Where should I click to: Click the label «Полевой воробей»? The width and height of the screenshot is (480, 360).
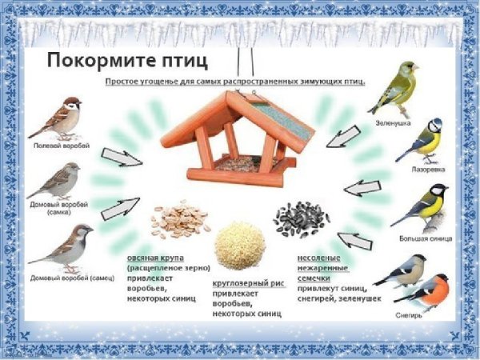[x=57, y=146]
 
